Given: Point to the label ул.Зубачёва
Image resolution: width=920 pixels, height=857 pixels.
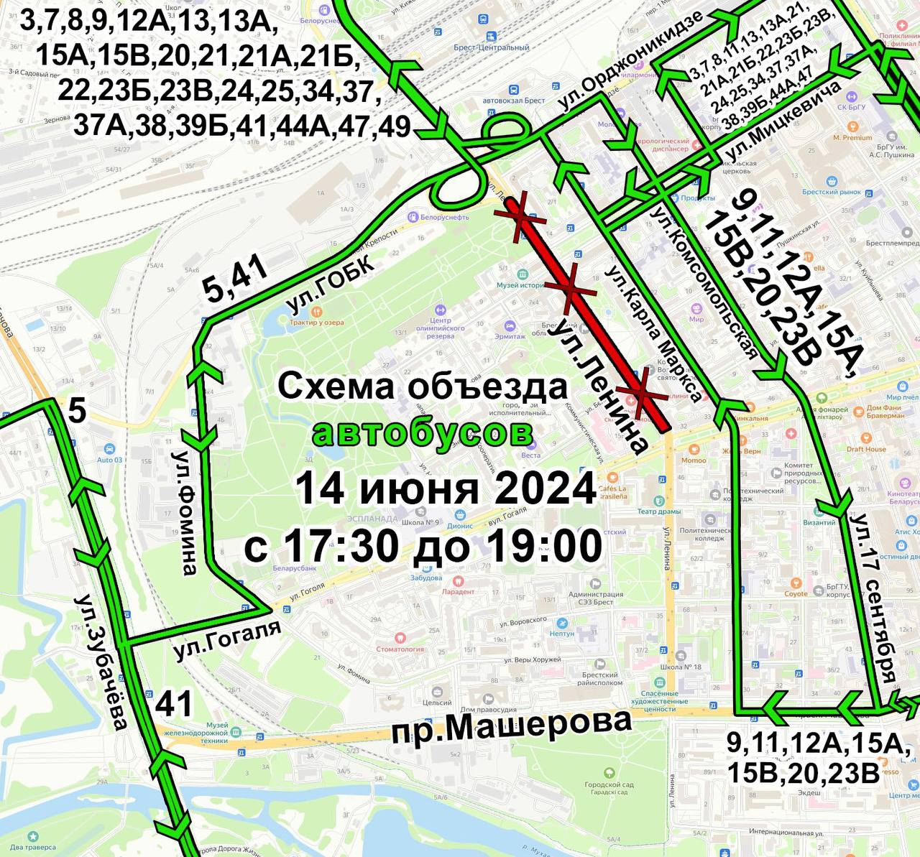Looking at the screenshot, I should click(x=101, y=662).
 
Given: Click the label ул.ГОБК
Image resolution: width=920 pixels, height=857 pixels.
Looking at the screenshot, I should click(x=330, y=286).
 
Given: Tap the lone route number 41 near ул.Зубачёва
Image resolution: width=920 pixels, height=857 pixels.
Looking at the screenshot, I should click(x=175, y=703).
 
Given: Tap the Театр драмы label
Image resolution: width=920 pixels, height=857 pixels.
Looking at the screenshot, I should click(x=659, y=511).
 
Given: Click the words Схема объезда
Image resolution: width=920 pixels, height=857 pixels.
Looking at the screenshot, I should click(x=423, y=387).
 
